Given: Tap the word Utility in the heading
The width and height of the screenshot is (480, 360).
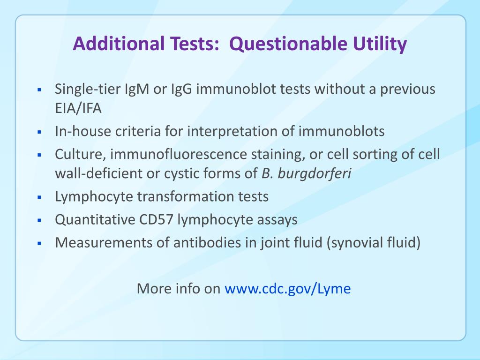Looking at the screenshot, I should tap(379, 45).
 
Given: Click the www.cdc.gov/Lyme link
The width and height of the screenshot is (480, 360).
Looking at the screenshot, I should tap(288, 288).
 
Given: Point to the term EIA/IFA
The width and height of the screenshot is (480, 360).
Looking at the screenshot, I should tap(78, 108).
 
